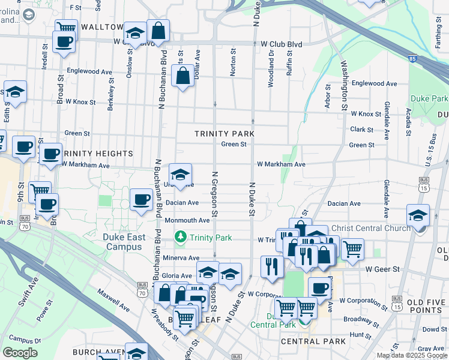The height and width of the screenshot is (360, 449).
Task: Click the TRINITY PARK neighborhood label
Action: [224, 134]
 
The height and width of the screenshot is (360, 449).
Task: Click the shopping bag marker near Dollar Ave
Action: [182, 77]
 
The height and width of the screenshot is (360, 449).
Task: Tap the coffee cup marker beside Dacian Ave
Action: [142, 199]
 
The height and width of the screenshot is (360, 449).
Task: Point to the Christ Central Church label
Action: [371, 227]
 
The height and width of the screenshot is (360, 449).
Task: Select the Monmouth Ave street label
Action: [187, 220]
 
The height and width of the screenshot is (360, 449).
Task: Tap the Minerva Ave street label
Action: [181, 258]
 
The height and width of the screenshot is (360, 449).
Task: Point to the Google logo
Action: [20, 353]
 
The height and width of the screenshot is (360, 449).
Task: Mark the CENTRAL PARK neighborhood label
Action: [313, 341]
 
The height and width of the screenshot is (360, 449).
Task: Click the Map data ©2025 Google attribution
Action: [412, 355]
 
